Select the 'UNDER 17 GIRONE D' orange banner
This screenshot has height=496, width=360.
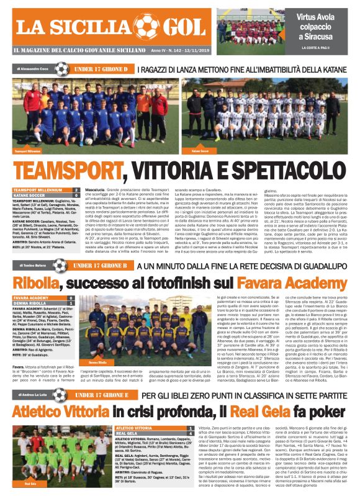click(101, 70)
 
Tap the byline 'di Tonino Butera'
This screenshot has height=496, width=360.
click(31, 266)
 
